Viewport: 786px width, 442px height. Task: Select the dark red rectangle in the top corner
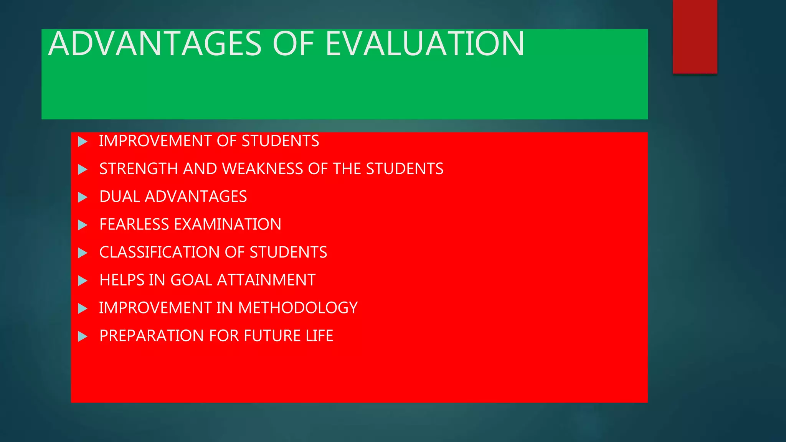[x=695, y=36]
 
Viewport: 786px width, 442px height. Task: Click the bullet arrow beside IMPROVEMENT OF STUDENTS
[x=83, y=142]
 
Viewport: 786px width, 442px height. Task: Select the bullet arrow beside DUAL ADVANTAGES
[x=83, y=197]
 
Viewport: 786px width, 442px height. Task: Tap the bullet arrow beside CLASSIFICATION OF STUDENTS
[x=83, y=253]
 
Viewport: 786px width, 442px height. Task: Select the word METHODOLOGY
[x=298, y=308]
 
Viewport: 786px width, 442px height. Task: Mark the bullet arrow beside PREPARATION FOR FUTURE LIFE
[x=83, y=336]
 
